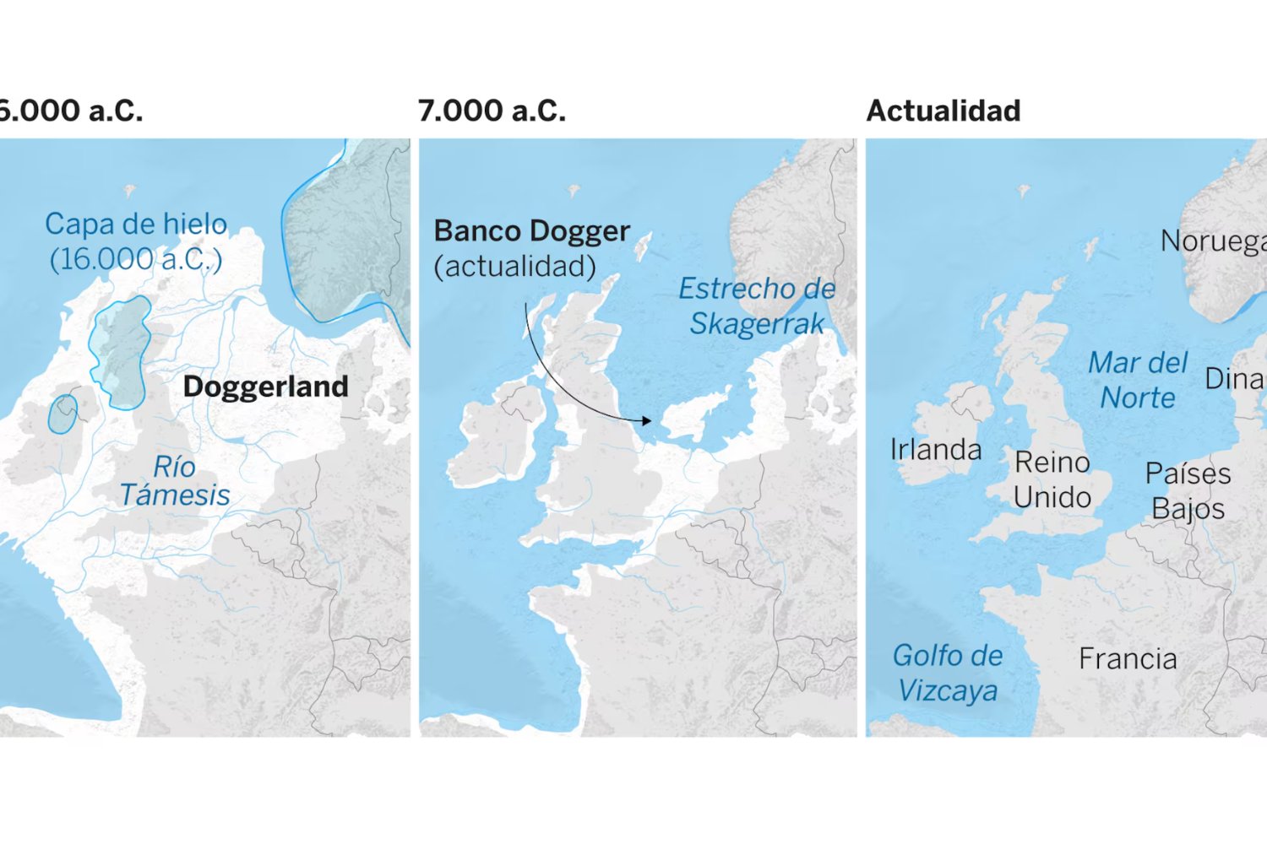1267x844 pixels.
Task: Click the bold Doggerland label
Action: [265, 387]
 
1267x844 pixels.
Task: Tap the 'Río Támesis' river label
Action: [175, 481]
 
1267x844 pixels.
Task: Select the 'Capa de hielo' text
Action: [136, 225]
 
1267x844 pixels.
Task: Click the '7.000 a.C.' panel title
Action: [492, 111]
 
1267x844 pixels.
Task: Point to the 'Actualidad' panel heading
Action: [943, 111]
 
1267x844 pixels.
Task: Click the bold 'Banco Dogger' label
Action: [531, 231]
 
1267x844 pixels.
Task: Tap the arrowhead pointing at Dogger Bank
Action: [646, 420]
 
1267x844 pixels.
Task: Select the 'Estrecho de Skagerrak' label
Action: [757, 306]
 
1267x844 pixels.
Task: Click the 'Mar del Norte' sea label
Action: [1138, 380]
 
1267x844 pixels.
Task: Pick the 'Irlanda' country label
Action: [936, 450]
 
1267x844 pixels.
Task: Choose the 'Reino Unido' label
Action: [1052, 479]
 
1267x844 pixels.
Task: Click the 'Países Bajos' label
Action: [1188, 491]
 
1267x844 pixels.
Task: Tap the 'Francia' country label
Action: [1128, 659]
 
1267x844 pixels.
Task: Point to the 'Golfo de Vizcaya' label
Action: [948, 673]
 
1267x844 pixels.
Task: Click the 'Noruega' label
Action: [1213, 241]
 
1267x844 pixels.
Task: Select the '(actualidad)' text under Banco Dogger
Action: [514, 267]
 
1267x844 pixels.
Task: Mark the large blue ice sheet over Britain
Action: [122, 353]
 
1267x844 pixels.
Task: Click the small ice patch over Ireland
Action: [63, 414]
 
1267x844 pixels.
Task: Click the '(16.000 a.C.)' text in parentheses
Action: [136, 259]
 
